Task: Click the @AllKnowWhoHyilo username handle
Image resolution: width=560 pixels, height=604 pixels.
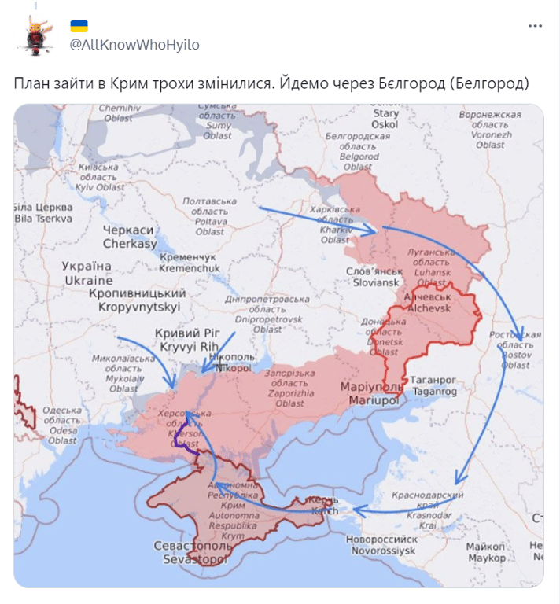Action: (134, 45)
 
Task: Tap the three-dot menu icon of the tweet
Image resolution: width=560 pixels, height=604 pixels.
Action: (535, 26)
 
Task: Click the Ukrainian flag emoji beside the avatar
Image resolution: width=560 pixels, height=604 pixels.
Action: (79, 26)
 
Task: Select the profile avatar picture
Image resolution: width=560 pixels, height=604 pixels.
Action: (35, 35)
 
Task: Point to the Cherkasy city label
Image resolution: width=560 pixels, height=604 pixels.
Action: (130, 237)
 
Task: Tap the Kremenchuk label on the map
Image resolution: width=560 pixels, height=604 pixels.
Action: (189, 263)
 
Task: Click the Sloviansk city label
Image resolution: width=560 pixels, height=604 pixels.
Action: (373, 276)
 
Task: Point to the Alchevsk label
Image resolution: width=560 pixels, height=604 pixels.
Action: (426, 304)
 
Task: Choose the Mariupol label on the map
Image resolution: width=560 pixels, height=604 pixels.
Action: (370, 393)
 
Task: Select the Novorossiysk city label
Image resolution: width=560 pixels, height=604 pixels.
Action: (381, 545)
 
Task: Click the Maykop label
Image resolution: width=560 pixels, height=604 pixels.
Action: (485, 551)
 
